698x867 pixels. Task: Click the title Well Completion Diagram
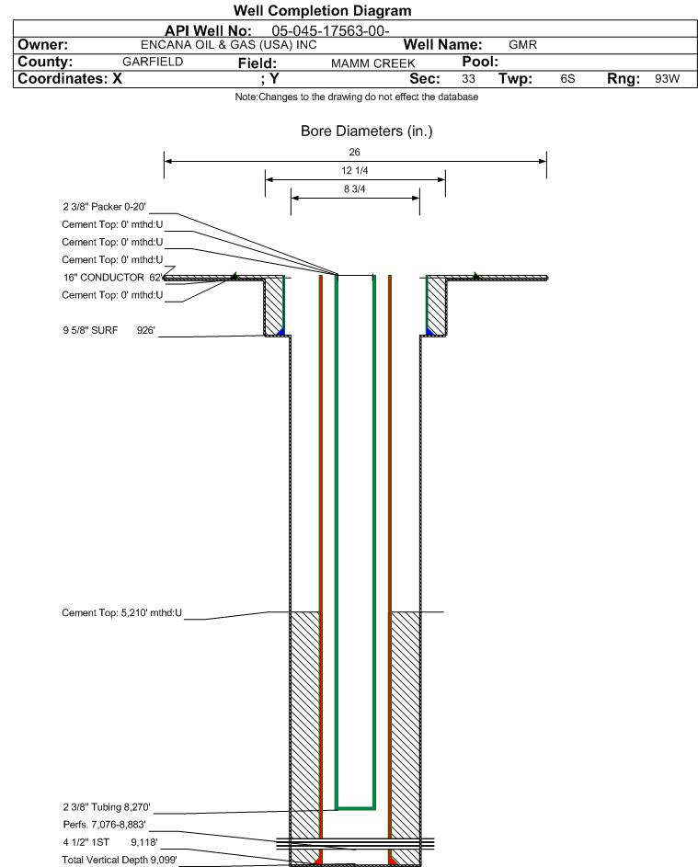point(323,10)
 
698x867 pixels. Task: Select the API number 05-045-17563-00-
point(330,31)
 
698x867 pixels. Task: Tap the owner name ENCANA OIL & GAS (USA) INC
point(229,45)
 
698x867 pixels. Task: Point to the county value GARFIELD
point(153,62)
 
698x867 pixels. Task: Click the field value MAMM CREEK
point(372,63)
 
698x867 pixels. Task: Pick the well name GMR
point(522,45)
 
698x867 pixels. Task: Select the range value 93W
point(667,78)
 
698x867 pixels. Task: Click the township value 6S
point(567,78)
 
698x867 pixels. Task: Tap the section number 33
point(468,78)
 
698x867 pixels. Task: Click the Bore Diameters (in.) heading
point(367,131)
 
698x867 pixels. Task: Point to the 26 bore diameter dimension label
point(355,152)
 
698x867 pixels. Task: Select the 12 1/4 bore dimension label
point(355,170)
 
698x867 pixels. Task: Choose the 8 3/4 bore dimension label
point(355,189)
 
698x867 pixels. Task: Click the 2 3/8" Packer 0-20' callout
point(105,207)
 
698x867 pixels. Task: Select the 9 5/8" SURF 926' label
point(109,331)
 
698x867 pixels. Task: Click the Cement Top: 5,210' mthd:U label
point(121,612)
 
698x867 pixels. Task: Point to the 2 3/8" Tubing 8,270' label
point(107,807)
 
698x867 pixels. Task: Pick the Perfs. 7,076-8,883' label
point(105,825)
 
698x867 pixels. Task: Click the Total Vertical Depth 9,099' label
point(120,860)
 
